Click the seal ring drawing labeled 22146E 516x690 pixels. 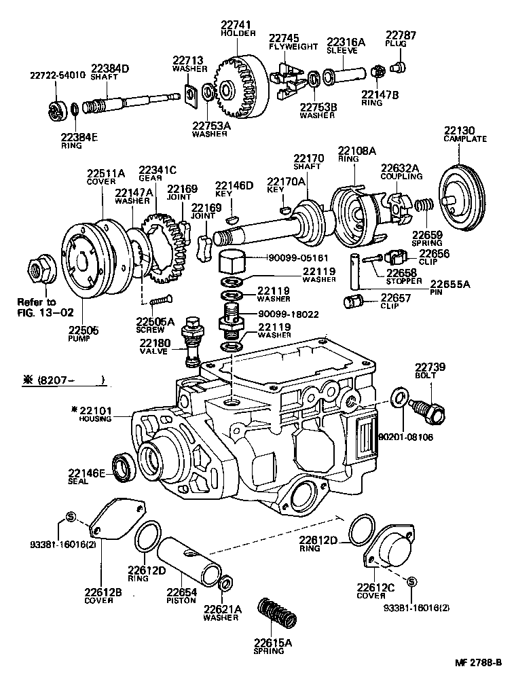(x=124, y=466)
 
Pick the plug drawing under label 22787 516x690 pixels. (x=399, y=66)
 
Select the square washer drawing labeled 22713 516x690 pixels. (x=192, y=94)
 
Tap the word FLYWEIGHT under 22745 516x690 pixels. (x=293, y=47)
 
